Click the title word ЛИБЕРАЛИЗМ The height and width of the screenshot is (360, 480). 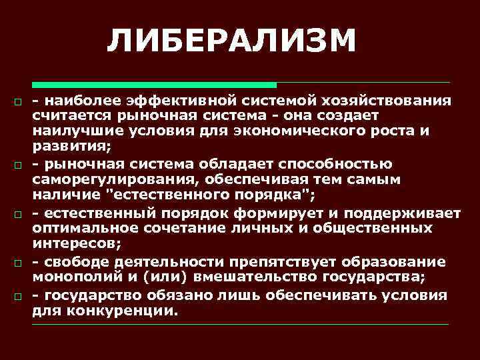tap(232, 42)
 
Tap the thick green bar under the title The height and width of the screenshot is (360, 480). tap(154, 85)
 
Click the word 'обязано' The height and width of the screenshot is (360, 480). tap(187, 295)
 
